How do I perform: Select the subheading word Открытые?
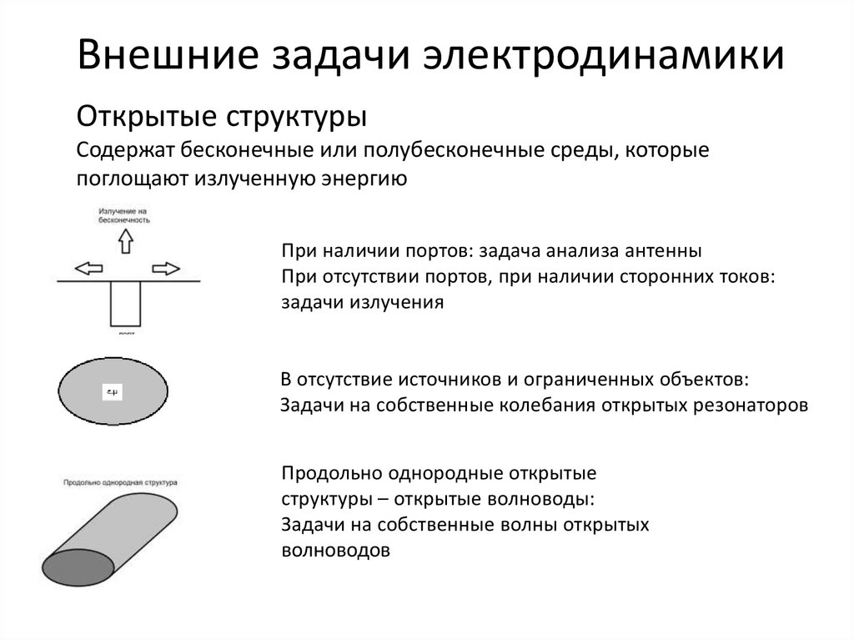147,114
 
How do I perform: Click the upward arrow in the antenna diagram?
125,241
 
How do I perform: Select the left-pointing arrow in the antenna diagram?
88,269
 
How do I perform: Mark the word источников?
443,380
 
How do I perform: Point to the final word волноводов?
336,551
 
